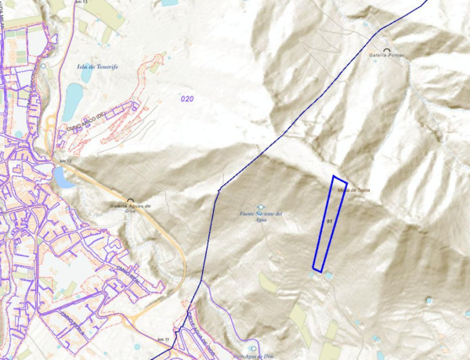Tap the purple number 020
[x=186, y=99]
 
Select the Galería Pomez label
[x=388, y=57]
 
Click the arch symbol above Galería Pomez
[x=387, y=51]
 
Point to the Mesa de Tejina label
[x=354, y=190]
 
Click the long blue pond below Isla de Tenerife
[x=72, y=99]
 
